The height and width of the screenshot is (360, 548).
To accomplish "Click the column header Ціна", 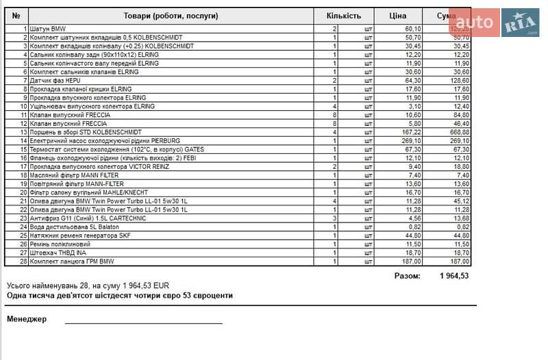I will (x=397, y=16).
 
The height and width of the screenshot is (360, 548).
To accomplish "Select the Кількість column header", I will (x=343, y=16).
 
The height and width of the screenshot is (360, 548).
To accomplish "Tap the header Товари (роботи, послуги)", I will (x=171, y=16).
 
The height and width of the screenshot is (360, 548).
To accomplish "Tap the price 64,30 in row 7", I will (x=413, y=80).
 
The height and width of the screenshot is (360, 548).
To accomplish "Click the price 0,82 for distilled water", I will (x=415, y=227).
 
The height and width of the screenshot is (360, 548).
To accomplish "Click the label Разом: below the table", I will (x=407, y=276).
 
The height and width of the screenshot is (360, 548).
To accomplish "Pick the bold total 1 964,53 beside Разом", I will (x=454, y=276).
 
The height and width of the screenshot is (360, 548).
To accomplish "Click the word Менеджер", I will (x=27, y=319).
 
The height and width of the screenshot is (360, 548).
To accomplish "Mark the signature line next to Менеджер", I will (x=144, y=322).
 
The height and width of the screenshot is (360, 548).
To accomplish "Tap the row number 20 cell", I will (x=18, y=192).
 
